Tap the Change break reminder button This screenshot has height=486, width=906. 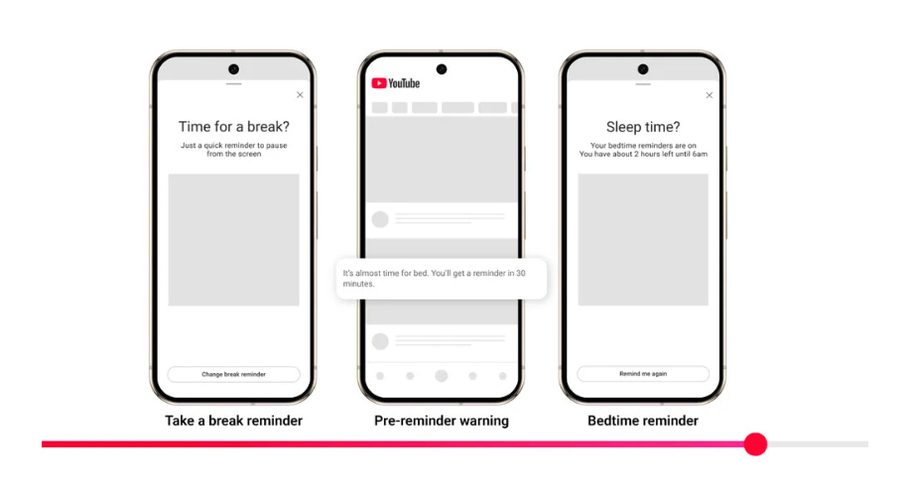[x=233, y=374]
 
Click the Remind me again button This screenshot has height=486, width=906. [x=643, y=374]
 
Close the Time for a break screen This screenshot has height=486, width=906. [x=300, y=94]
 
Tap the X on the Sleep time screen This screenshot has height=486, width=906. [x=710, y=95]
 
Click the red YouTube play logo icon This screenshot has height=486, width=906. [x=379, y=83]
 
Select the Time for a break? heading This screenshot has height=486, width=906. [x=234, y=126]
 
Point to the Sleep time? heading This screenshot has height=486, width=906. [x=643, y=127]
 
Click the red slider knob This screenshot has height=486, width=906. [x=755, y=444]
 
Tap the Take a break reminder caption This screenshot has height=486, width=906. [x=233, y=421]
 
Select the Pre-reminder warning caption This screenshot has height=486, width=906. [x=442, y=421]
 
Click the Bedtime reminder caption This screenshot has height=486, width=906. [x=643, y=421]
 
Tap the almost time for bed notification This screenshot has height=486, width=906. [x=441, y=278]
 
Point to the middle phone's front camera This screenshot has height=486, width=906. [x=442, y=69]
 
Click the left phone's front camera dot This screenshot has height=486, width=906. [x=233, y=69]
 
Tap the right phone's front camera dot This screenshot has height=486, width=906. [x=643, y=69]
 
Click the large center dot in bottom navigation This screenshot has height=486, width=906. [x=442, y=376]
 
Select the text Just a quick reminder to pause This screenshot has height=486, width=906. [x=234, y=146]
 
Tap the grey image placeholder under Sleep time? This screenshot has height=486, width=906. [x=643, y=240]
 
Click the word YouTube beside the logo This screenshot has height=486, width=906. [x=404, y=83]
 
